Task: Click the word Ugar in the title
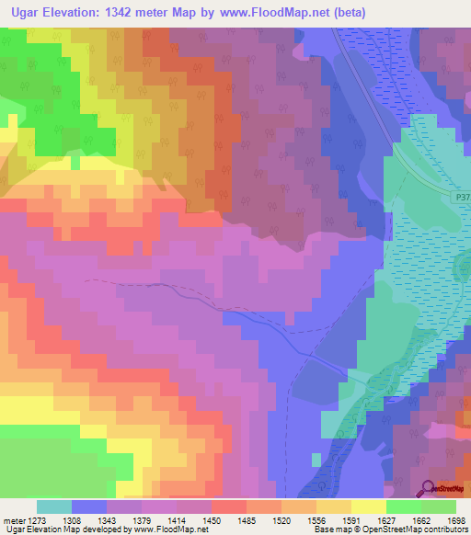pos(31,13)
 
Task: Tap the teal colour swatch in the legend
pos(53,507)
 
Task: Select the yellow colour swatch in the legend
pos(369,507)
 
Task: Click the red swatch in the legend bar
pos(228,507)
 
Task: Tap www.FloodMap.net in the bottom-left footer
pos(171,530)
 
